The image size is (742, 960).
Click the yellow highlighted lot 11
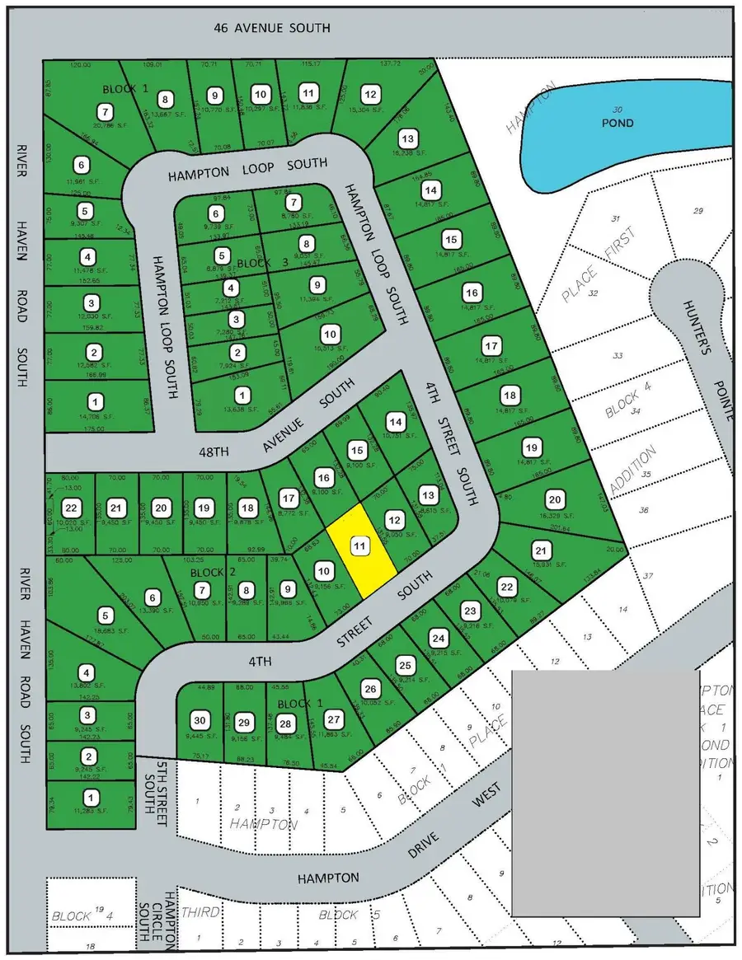point(360,550)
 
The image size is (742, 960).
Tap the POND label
point(618,123)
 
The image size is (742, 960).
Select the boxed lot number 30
point(198,718)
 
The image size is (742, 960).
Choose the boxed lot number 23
point(470,611)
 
